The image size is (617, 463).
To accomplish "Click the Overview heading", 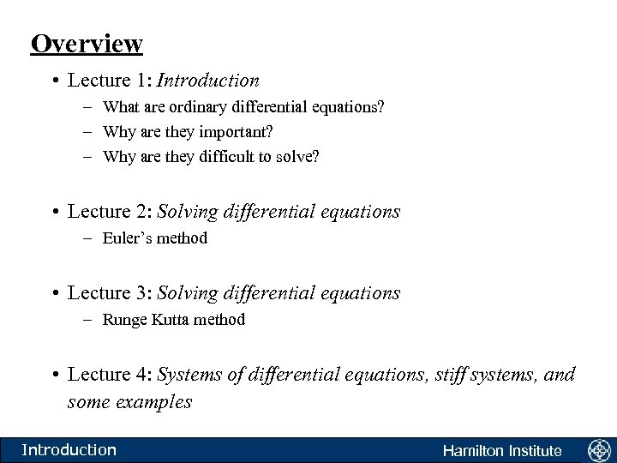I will click(x=86, y=43).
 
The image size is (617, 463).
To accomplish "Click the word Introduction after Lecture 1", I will click(x=208, y=81).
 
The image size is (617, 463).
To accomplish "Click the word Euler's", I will click(x=126, y=238).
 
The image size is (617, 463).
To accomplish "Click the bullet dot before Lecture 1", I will click(x=54, y=81).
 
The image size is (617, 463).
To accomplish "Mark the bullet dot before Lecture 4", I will click(x=54, y=376).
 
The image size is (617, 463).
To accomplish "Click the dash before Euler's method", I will click(x=89, y=238).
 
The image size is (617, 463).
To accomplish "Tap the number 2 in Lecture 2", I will click(x=143, y=211).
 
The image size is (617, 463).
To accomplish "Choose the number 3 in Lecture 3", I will click(x=143, y=292).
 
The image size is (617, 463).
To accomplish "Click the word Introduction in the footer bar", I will click(x=69, y=449).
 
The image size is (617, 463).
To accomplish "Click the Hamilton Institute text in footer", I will click(x=502, y=451).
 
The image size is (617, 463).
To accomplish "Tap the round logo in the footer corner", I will click(x=598, y=450).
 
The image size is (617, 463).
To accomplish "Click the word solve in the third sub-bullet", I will click(x=296, y=157).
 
